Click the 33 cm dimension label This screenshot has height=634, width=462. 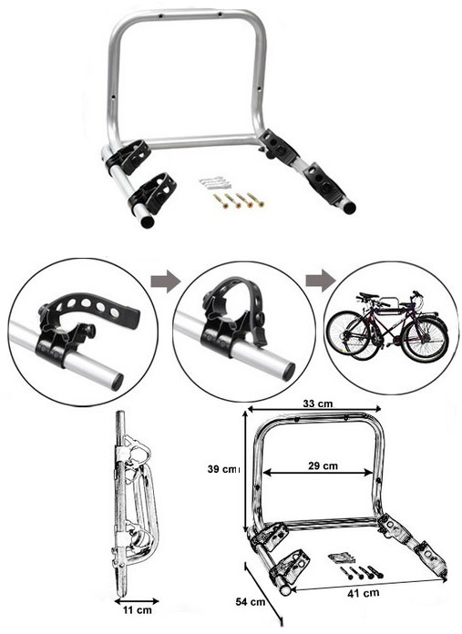click(x=318, y=404)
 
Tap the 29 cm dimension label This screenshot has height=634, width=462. click(x=323, y=465)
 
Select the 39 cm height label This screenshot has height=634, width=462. click(x=223, y=469)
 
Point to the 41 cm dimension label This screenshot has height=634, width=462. click(x=364, y=593)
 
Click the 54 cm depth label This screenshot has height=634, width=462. click(x=251, y=602)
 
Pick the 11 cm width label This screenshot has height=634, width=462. click(x=138, y=610)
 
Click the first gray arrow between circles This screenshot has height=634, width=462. click(x=165, y=281)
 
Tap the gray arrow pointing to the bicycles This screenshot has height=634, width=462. click(x=321, y=281)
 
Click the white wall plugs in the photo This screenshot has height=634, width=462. click(x=215, y=183)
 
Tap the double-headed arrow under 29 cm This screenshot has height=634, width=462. click(x=318, y=472)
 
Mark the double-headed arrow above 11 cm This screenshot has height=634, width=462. click(x=137, y=601)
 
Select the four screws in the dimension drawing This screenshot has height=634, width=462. click(x=361, y=572)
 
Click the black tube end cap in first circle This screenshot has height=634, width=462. click(x=117, y=382)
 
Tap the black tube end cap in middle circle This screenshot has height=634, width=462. click(x=289, y=372)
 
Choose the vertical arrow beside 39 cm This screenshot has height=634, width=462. click(x=245, y=472)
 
